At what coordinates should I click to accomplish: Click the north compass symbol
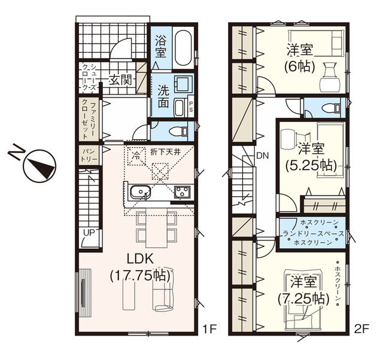point(38,166)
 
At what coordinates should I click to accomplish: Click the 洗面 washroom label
point(162,96)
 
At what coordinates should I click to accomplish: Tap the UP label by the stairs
point(88,233)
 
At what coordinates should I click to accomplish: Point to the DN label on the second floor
point(262,157)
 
